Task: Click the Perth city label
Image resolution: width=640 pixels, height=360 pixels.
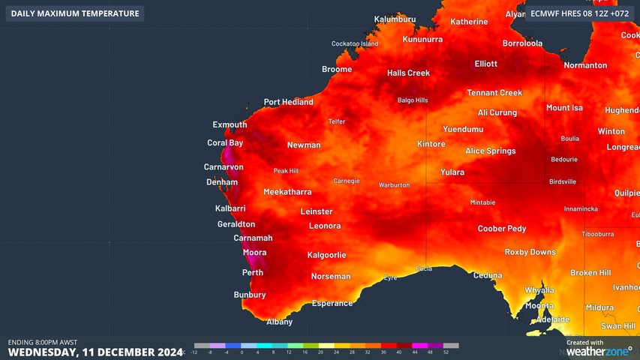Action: [252, 272]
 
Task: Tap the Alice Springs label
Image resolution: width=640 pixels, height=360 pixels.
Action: [490, 151]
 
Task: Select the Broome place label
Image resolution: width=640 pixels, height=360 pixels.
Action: [336, 69]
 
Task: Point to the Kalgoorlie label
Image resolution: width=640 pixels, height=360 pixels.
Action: [326, 255]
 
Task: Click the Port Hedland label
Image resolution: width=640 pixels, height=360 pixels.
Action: [288, 102]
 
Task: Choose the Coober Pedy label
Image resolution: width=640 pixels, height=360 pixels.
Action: [502, 229]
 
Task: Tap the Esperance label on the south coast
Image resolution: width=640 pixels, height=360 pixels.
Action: [332, 303]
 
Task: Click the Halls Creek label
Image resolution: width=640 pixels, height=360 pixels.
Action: [408, 73]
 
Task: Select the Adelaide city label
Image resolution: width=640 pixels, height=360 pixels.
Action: [552, 319]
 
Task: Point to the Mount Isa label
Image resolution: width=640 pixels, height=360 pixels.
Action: [564, 108]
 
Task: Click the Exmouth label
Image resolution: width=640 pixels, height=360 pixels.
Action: [230, 124]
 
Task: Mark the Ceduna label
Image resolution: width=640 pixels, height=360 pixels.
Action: [487, 275]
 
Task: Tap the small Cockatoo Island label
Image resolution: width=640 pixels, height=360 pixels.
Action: [355, 43]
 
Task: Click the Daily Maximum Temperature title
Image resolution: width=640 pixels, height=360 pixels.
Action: [74, 13]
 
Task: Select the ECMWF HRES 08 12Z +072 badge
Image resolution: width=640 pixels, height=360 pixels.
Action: [579, 13]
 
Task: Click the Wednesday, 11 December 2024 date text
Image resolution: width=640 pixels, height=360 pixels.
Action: [95, 352]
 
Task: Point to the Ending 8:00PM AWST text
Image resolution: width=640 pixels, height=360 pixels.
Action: [43, 342]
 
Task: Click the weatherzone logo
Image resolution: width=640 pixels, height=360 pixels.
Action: [598, 351]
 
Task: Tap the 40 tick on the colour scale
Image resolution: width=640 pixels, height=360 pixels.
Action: [399, 352]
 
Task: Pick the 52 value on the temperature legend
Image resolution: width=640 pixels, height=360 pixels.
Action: [446, 352]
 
